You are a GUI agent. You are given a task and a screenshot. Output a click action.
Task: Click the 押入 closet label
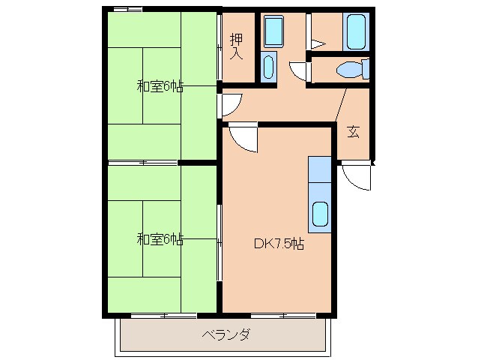(x=236, y=46)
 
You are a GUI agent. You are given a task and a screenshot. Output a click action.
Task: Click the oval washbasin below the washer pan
(x=269, y=66)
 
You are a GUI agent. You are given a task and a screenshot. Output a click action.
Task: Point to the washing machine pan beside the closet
(x=273, y=31)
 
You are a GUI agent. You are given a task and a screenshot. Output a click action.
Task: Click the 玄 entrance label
(x=353, y=131)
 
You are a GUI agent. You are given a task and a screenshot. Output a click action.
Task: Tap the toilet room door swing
(x=300, y=70)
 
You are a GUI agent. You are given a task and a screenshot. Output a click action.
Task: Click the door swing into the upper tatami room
(x=229, y=103)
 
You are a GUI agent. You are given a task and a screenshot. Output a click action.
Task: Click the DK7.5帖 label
(x=278, y=243)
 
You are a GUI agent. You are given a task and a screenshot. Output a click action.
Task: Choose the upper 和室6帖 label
(x=160, y=86)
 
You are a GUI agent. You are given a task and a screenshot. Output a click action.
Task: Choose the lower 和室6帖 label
(x=160, y=240)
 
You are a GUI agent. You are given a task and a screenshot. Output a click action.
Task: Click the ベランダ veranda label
(x=225, y=334)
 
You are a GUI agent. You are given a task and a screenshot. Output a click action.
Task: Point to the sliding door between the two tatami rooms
(x=142, y=161)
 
